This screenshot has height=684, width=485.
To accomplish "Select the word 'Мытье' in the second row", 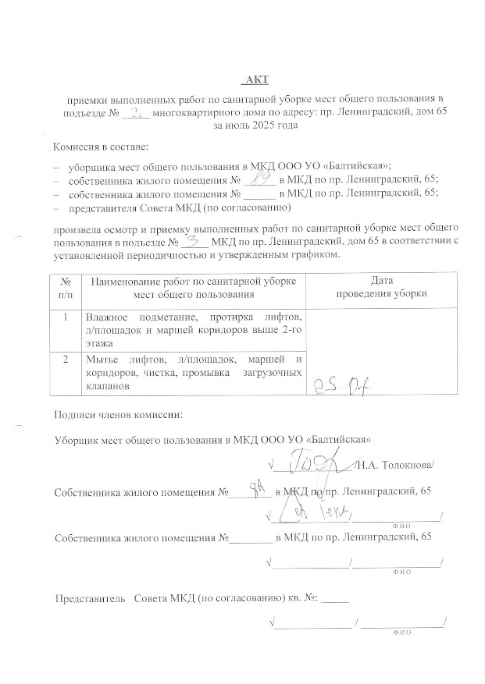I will point(102,359).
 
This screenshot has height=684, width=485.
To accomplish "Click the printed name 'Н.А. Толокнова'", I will point(395,466).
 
